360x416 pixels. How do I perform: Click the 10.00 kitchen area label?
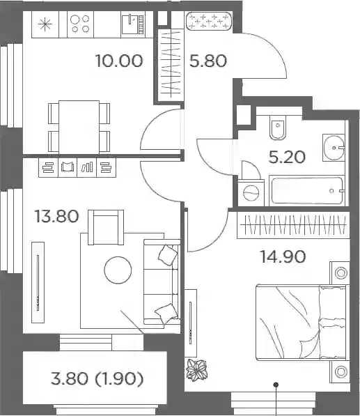[119, 61]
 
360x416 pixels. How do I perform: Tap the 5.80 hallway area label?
[208, 61]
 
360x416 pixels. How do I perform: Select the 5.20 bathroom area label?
[287, 157]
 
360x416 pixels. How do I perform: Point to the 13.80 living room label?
[56, 216]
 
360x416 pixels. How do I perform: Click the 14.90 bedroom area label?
[283, 256]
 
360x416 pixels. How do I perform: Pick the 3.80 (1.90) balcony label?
[97, 378]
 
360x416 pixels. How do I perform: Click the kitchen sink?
[133, 24]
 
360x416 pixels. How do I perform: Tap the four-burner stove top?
[81, 24]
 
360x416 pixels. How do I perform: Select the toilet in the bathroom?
[278, 127]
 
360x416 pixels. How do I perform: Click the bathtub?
[307, 190]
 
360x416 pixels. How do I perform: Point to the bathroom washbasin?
[334, 148]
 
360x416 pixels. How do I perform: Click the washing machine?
[251, 193]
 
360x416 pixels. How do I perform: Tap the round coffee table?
[118, 270]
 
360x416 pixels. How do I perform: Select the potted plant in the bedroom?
[196, 369]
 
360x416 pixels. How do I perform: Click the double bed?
[301, 323]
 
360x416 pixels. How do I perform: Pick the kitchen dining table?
[79, 127]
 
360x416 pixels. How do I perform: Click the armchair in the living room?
[106, 227]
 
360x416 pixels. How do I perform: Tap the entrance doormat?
[209, 21]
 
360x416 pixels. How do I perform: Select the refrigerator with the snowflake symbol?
[45, 24]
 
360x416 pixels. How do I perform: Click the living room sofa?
[162, 282]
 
